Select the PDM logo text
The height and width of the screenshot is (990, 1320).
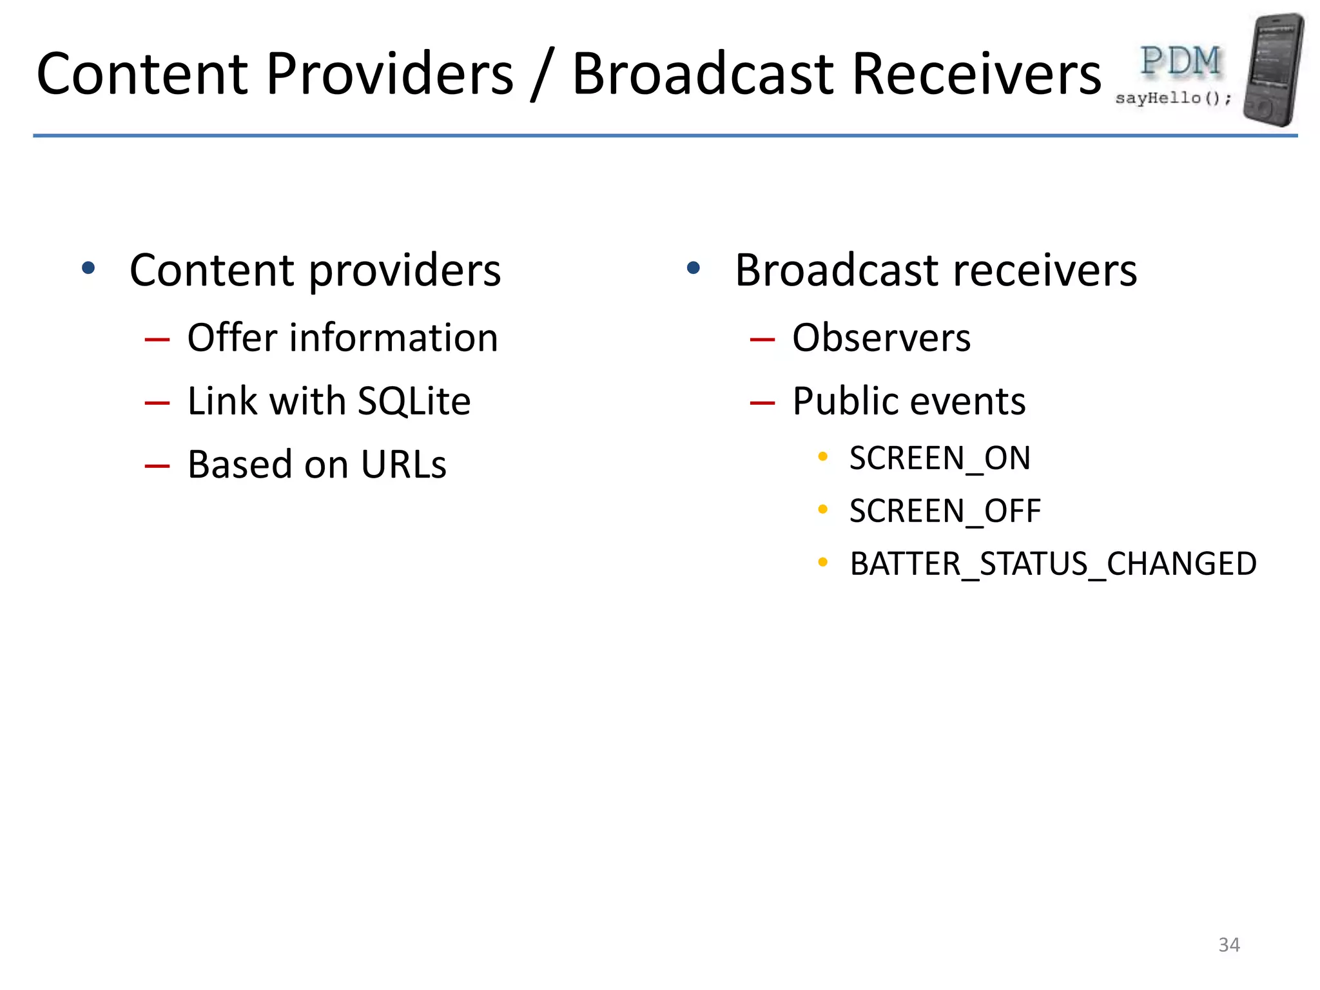point(1180,62)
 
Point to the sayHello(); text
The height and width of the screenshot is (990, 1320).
point(1173,99)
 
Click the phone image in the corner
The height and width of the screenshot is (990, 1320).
point(1272,70)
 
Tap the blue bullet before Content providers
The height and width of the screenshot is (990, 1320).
point(88,267)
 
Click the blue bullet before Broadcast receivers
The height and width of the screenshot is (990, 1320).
point(694,267)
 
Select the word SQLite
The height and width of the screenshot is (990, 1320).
point(414,401)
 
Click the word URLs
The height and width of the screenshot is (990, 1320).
point(403,464)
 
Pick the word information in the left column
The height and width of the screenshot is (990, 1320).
point(394,338)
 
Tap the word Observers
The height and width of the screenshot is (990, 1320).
point(881,338)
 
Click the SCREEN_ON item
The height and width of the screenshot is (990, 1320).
point(940,459)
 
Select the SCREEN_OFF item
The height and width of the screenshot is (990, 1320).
point(945,512)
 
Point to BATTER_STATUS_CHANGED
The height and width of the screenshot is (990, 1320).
point(1053,564)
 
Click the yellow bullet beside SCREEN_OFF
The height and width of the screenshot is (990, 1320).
point(822,509)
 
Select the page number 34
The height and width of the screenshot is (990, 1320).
point(1229,945)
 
